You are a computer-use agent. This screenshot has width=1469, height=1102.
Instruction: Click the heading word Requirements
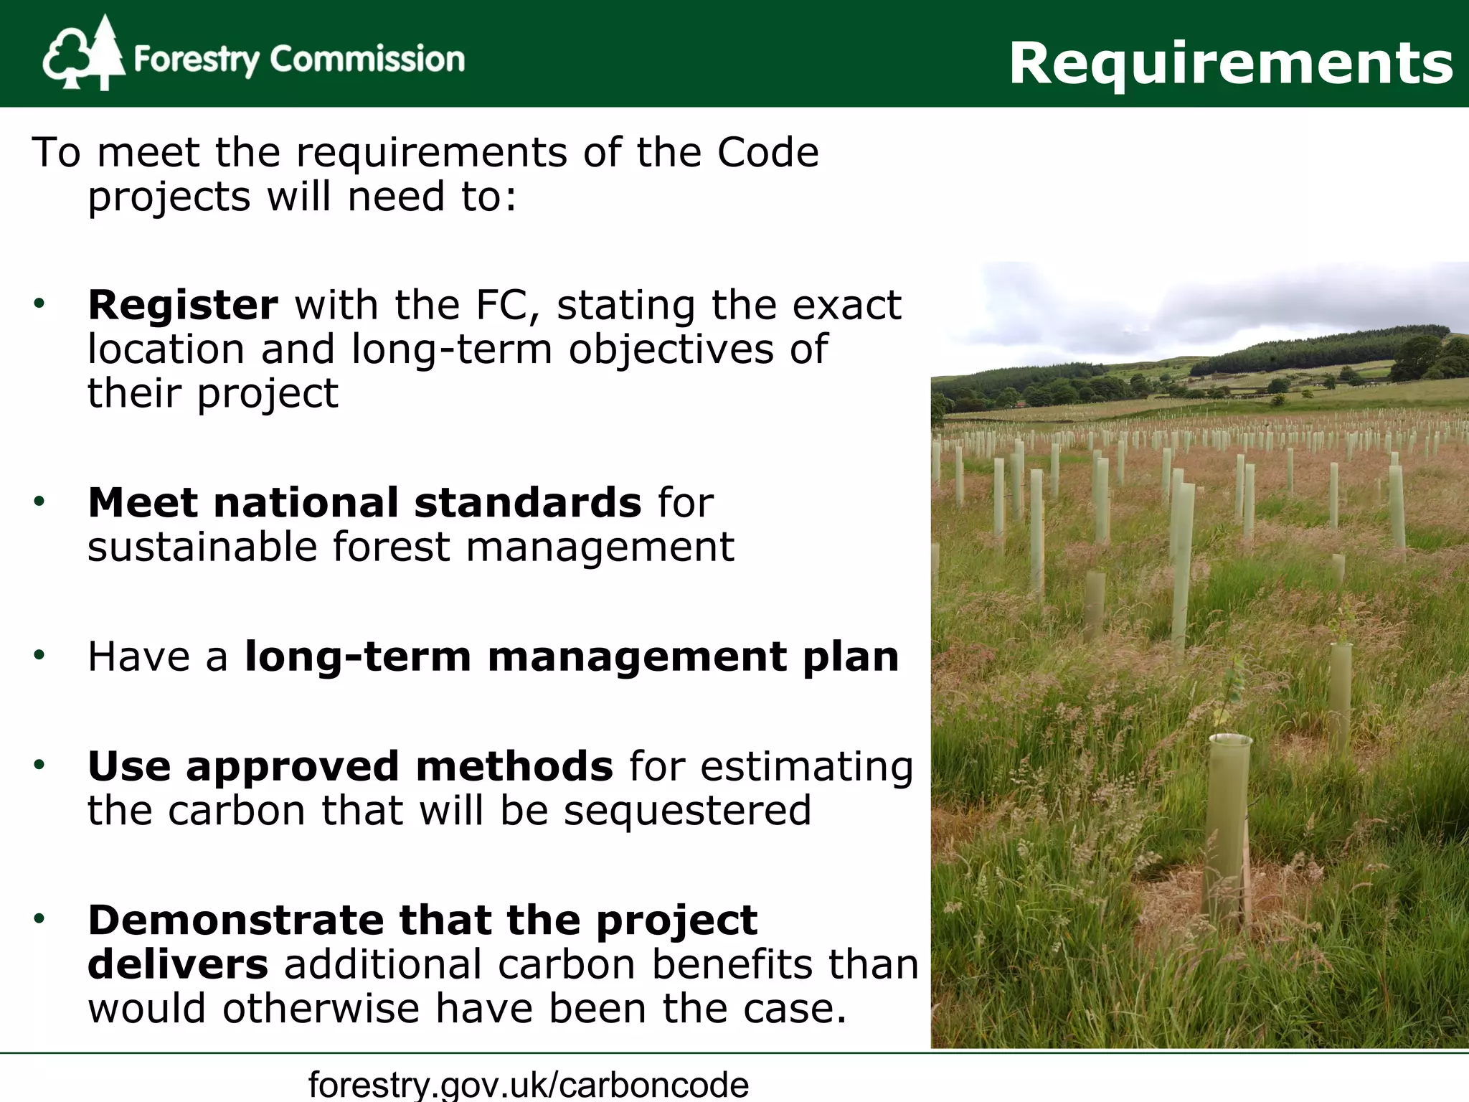pos(1231,63)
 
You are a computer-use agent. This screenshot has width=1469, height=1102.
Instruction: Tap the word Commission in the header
pos(367,59)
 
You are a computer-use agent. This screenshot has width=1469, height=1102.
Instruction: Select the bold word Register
pos(182,305)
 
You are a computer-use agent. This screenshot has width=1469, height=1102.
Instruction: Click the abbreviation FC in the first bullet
pos(506,305)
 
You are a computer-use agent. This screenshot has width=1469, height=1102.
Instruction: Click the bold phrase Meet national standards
pos(364,502)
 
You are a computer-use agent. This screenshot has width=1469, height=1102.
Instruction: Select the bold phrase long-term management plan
pos(572,656)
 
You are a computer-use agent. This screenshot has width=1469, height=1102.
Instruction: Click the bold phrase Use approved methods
pos(350,766)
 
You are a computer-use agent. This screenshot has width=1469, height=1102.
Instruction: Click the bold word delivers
pos(178,964)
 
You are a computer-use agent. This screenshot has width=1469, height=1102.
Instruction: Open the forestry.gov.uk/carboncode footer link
pos(529,1083)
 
